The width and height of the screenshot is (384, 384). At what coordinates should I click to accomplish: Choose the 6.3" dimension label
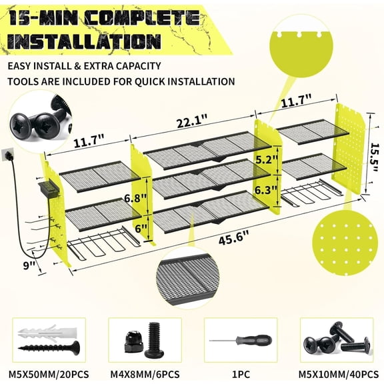coord(265,190)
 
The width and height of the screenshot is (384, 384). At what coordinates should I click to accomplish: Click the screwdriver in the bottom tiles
coord(240,341)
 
